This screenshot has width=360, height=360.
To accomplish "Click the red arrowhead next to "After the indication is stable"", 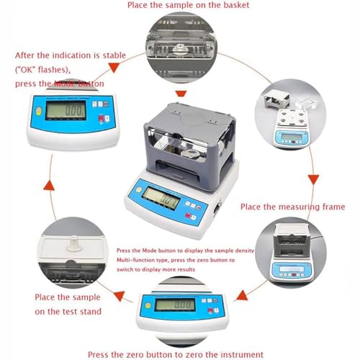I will [x=112, y=66].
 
